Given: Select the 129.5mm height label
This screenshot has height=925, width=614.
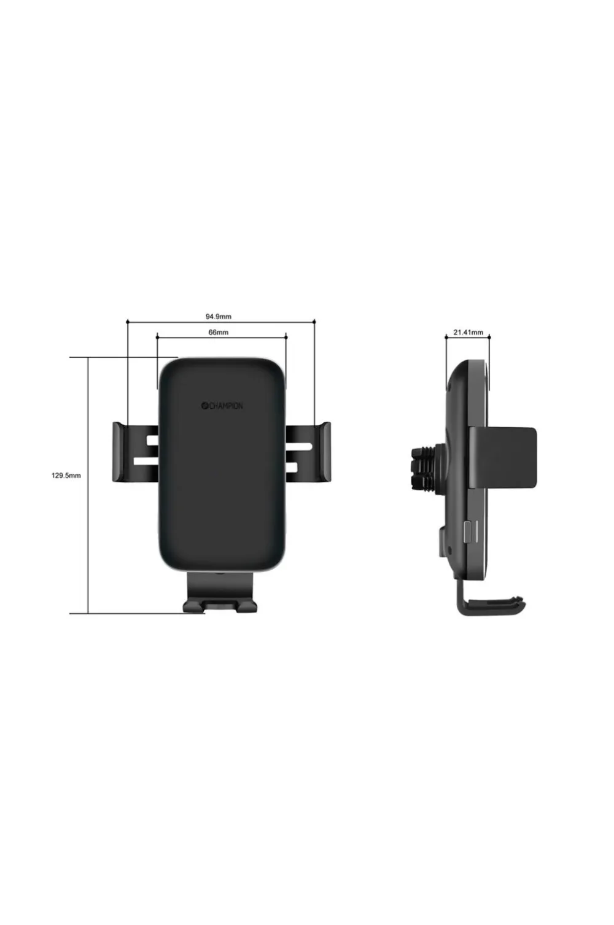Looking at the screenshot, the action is tap(66, 475).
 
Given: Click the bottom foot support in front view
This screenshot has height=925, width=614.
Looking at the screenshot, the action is tap(220, 591).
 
